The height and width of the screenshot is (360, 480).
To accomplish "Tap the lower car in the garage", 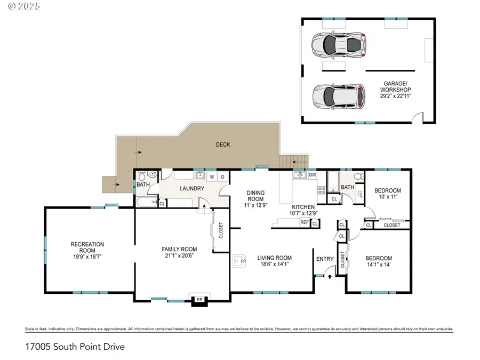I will click(x=339, y=96).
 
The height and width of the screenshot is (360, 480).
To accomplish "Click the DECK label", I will click(x=223, y=144).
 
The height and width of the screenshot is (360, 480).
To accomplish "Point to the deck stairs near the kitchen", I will click(x=295, y=161).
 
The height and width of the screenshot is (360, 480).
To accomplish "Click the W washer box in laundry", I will click(x=212, y=176).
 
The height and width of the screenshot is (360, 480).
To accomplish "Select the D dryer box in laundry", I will click(x=222, y=176).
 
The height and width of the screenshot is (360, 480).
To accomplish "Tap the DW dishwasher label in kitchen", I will click(x=313, y=174).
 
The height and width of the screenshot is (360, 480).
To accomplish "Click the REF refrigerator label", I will click(x=304, y=222).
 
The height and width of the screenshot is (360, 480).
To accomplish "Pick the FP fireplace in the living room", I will click(x=240, y=262).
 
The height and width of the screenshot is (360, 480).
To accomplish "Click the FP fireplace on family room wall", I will click(x=199, y=300).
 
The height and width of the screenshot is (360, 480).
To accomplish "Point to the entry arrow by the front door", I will click(x=330, y=276).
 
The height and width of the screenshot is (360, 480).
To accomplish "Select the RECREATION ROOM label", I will click(x=87, y=247).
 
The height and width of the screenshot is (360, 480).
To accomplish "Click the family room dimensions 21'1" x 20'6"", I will click(x=179, y=255).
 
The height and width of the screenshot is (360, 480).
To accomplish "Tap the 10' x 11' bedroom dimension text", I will click(x=387, y=197).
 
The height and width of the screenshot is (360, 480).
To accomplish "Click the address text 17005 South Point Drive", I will click(x=75, y=347).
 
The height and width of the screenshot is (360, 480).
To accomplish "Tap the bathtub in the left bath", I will click(x=145, y=202).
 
